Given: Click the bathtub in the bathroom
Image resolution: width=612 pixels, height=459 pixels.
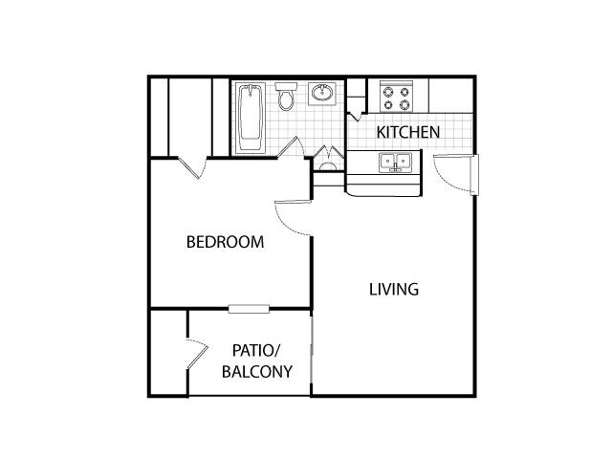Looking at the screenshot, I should tap(251, 120).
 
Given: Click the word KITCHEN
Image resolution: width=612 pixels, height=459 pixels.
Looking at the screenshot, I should tap(407, 132).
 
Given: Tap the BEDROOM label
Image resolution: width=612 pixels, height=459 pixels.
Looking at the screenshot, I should tap(225, 242).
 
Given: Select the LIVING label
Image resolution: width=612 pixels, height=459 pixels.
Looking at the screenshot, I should tap(394, 289).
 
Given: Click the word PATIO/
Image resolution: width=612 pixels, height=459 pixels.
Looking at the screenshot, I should tap(259, 351).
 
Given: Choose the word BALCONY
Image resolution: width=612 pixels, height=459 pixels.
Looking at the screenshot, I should tap(257, 371).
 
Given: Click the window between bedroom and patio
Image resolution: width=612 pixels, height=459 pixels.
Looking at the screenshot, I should tap(249, 308).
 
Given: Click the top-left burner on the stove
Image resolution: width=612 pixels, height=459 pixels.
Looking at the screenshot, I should tap(387, 90).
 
